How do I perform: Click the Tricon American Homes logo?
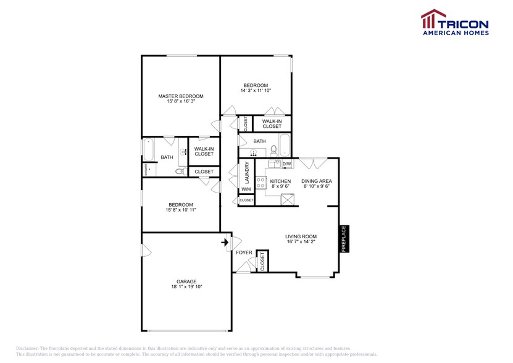(x=454, y=23)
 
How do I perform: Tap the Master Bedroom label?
(x=180, y=96)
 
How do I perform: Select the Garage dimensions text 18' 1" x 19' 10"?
(x=186, y=286)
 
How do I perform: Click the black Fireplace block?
(x=344, y=238)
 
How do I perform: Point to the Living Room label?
(x=301, y=236)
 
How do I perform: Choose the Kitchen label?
(x=280, y=181)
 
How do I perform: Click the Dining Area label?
(x=316, y=181)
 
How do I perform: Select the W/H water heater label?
(x=246, y=189)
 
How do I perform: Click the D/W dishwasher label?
(x=286, y=164)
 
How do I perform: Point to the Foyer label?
(x=244, y=252)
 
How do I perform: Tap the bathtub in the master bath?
(x=149, y=149)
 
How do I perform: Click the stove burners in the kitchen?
(x=261, y=182)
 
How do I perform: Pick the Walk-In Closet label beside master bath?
(x=204, y=151)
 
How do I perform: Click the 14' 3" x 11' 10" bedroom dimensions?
(x=256, y=91)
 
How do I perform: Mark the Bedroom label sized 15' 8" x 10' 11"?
(x=179, y=205)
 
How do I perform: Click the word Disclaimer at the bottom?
(x=27, y=349)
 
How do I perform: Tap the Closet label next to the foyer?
(x=262, y=261)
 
